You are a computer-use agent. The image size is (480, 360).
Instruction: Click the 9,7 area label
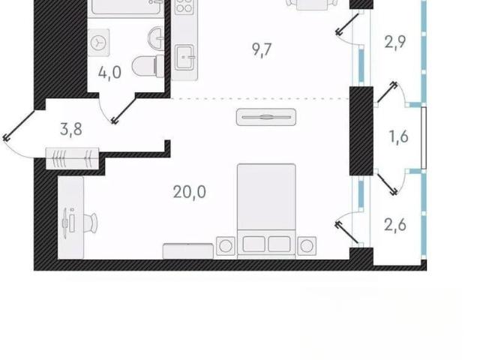pos(262,49)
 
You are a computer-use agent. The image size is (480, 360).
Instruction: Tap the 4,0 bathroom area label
pos(110,73)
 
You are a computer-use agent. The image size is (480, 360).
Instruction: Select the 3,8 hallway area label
pos(71,129)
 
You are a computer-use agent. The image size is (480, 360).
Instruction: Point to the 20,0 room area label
pos(190,192)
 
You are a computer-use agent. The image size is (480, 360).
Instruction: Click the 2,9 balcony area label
pos(395,42)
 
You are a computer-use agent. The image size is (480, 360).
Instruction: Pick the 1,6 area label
pos(398,136)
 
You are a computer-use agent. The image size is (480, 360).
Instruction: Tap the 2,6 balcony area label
pos(395,226)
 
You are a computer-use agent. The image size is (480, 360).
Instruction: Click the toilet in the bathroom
pos(148,66)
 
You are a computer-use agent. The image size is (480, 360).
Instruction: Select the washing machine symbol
pos(98,43)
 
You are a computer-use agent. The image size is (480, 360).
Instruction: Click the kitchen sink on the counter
pos(184,57)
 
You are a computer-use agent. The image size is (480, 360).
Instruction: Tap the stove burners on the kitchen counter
pos(184,7)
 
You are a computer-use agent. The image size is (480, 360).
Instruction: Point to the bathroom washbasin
pos(156,37)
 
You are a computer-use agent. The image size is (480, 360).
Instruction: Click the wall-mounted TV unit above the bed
pos(266,117)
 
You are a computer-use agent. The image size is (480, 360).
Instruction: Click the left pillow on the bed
pos(253,244)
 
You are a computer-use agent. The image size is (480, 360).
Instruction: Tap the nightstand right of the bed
pos(307,245)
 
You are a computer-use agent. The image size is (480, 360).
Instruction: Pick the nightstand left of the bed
pos(226,245)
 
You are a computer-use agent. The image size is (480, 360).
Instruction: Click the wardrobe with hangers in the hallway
pos(72,158)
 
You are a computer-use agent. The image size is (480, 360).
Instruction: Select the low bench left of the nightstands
pos(188,251)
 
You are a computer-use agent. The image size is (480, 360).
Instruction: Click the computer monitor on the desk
pos(66,223)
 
